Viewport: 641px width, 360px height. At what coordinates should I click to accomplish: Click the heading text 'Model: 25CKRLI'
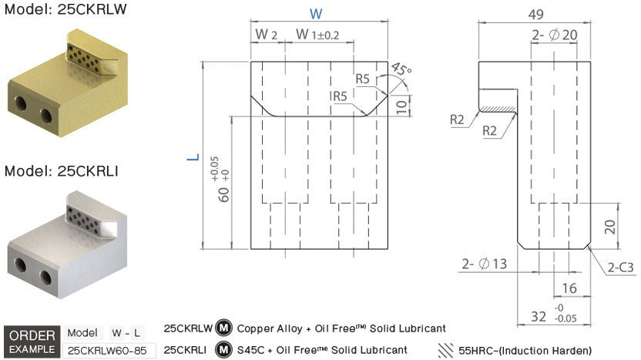click(x=55, y=171)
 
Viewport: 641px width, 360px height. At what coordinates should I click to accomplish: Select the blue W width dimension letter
click(x=316, y=14)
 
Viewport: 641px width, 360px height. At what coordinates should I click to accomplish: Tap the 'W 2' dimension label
click(x=265, y=35)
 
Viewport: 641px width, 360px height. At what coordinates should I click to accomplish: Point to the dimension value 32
click(x=539, y=315)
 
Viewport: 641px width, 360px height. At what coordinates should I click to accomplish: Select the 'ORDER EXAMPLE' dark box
click(x=32, y=341)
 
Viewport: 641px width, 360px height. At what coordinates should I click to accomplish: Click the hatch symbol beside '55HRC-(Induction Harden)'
click(x=445, y=350)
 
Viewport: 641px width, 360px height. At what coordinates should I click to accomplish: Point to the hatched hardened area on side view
click(x=497, y=99)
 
